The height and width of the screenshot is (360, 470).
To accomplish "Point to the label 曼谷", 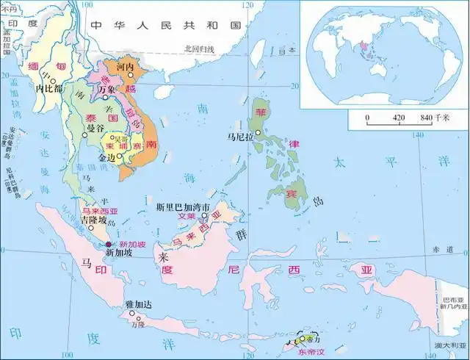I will click(96, 128).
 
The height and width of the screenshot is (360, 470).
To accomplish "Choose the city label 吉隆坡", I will click(93, 219).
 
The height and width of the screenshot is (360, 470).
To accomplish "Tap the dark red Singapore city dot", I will click(108, 244).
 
